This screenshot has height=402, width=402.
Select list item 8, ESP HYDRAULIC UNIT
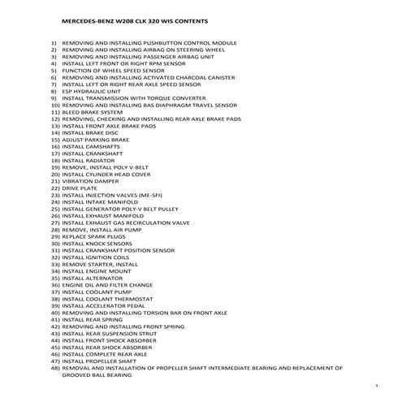click(89, 91)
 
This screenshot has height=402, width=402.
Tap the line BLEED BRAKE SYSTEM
click(90, 111)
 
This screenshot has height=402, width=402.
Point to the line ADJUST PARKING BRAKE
click(89, 139)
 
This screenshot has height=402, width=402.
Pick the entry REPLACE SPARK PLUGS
click(89, 236)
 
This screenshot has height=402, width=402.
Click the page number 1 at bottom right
click(378, 386)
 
